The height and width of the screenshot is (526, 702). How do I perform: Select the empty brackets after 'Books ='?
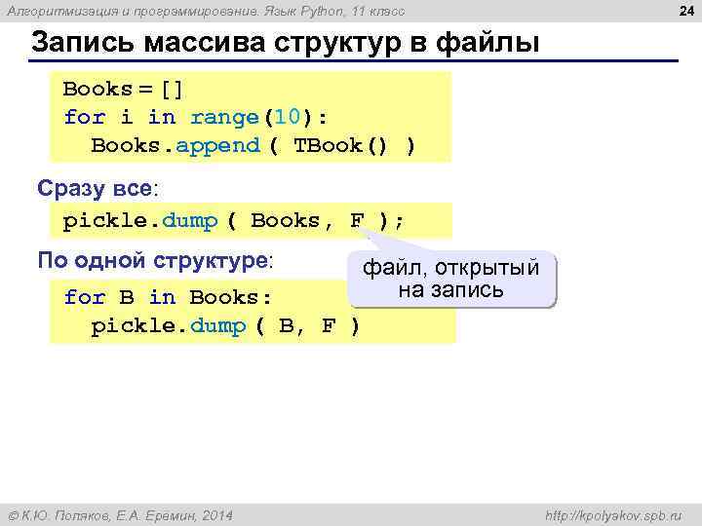(x=172, y=90)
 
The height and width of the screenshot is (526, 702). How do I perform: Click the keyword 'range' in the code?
(x=223, y=118)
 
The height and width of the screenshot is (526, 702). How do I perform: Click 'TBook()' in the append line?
(x=335, y=146)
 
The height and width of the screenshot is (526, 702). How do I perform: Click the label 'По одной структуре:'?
(x=155, y=261)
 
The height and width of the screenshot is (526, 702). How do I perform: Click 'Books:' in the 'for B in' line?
(x=231, y=297)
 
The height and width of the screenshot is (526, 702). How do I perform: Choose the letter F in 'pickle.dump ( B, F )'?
(x=329, y=326)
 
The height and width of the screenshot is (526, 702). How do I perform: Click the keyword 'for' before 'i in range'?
(x=84, y=118)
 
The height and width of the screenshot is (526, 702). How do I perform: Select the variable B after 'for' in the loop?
(x=127, y=297)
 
